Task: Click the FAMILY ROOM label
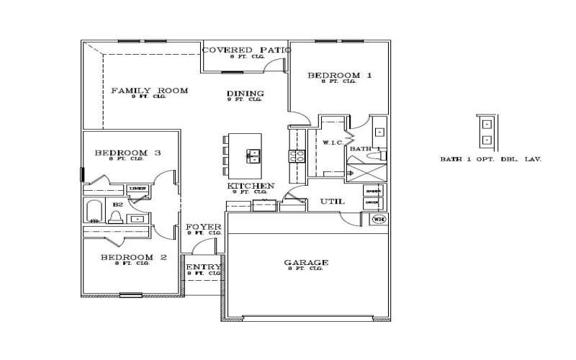coord(149,91)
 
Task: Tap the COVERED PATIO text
coord(246,50)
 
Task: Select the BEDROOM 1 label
coord(339,75)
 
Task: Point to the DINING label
coord(245,94)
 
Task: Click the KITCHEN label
coord(251,186)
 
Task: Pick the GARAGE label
coord(306,263)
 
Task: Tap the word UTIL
coord(332,202)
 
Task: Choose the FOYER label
coord(204,227)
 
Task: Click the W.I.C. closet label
coord(332,143)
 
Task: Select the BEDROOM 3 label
coord(127,153)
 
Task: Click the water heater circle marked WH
coord(379,219)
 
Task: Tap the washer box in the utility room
coord(372,191)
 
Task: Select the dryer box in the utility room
coord(372,203)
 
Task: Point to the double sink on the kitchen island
coord(253,156)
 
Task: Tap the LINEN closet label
coord(138,189)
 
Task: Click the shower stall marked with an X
coord(367,173)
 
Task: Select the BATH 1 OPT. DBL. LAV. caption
coord(490,159)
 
